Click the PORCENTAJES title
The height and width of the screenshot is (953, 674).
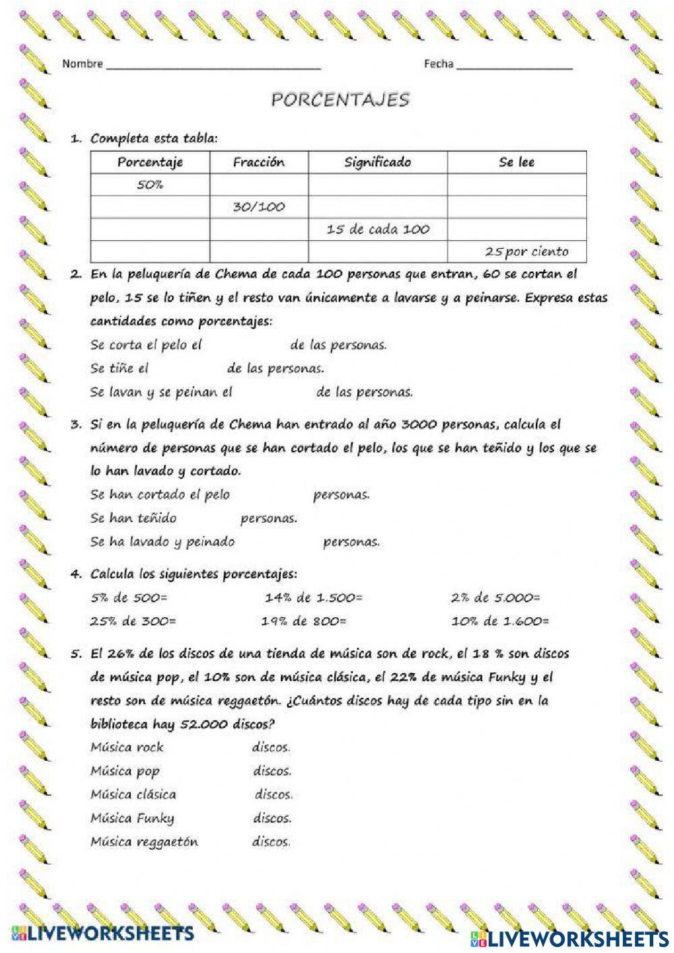pyautogui.click(x=340, y=100)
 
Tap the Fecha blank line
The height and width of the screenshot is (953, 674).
pyautogui.click(x=514, y=67)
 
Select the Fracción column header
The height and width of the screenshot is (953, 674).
pyautogui.click(x=259, y=162)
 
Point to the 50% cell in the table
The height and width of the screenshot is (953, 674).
pyautogui.click(x=150, y=185)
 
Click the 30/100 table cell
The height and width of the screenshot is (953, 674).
pyautogui.click(x=259, y=207)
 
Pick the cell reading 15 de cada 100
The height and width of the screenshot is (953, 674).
pyautogui.click(x=377, y=229)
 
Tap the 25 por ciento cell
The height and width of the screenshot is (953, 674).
pyautogui.click(x=526, y=252)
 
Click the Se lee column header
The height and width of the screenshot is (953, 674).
pyautogui.click(x=516, y=162)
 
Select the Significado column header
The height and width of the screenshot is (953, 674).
pyautogui.click(x=377, y=162)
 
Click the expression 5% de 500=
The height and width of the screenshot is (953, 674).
pyautogui.click(x=129, y=598)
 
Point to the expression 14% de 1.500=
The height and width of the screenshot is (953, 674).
pyautogui.click(x=313, y=598)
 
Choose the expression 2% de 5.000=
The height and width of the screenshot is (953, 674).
pyautogui.click(x=495, y=598)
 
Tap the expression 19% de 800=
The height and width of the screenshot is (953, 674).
pyautogui.click(x=304, y=621)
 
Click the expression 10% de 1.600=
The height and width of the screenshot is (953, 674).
pyautogui.click(x=500, y=621)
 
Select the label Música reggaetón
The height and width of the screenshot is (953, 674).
pyautogui.click(x=144, y=842)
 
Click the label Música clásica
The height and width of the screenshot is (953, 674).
pyautogui.click(x=133, y=795)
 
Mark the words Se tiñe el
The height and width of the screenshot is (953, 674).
pyautogui.click(x=119, y=369)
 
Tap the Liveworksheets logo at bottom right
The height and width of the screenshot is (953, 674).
pyautogui.click(x=570, y=937)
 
